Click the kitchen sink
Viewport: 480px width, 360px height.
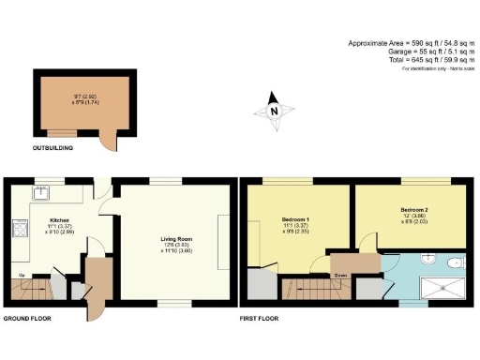click(42, 193)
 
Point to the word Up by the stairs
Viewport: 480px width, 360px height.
click(22, 275)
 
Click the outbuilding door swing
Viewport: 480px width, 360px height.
click(109, 141)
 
